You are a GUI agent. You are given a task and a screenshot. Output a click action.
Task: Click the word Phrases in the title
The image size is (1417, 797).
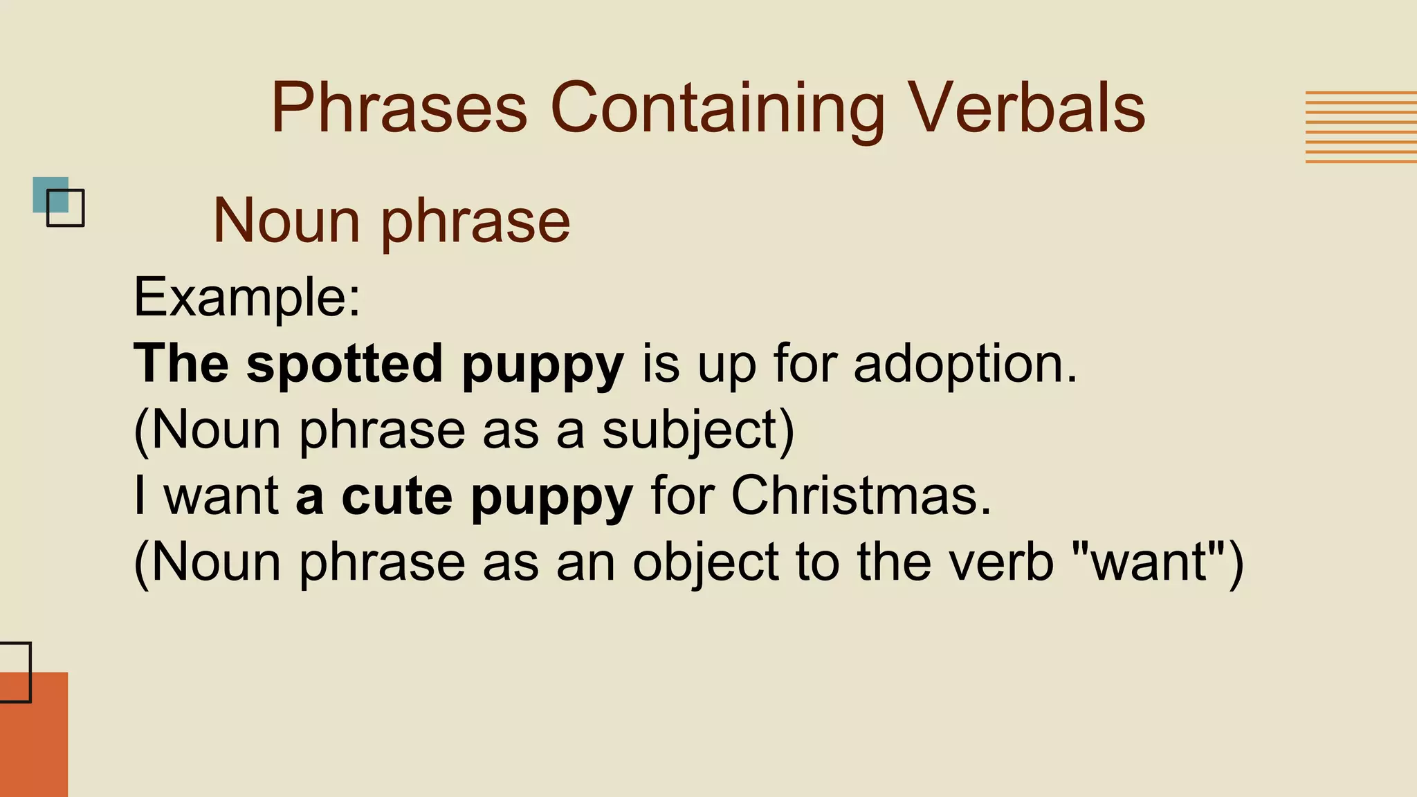point(399,109)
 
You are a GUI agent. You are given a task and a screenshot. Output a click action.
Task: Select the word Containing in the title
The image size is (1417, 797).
point(717,109)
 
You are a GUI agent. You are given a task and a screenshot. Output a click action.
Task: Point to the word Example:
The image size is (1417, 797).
point(247,297)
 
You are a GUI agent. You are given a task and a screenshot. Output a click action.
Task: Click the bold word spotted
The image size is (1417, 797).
point(345,364)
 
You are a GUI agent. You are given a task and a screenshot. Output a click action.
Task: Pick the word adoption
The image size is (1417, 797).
point(965,364)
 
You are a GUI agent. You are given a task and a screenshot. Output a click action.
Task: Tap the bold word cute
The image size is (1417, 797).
point(397,496)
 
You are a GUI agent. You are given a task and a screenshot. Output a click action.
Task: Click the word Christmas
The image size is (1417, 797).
point(861,496)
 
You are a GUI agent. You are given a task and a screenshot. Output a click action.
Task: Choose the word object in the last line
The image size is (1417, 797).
point(706,562)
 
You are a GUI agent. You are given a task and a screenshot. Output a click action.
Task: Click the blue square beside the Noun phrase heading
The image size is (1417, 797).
point(51,194)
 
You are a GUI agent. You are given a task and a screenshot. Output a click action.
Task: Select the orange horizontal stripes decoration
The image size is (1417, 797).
point(1360,127)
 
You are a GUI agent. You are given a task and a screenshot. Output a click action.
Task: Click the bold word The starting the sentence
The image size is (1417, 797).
point(181,364)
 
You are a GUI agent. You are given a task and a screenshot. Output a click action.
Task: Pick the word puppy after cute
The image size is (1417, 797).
point(552,496)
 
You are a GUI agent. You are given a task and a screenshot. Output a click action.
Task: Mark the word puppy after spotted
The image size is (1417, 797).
point(543,364)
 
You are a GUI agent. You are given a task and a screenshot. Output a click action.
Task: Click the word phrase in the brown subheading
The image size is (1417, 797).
point(475,221)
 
